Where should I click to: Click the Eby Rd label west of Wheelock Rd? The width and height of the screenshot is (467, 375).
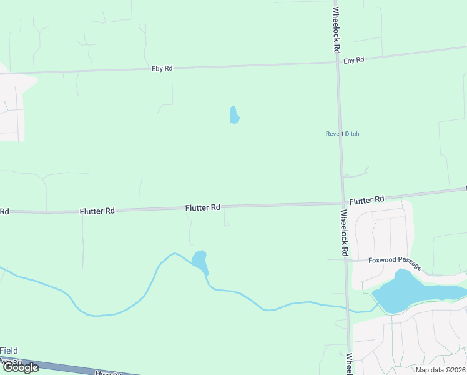(162, 68)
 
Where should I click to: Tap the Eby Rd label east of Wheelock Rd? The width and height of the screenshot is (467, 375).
(353, 60)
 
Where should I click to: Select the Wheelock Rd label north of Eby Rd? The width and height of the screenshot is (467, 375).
(337, 29)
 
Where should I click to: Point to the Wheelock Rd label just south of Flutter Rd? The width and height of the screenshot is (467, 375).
(344, 232)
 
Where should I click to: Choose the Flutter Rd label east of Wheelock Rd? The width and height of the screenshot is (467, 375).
(366, 200)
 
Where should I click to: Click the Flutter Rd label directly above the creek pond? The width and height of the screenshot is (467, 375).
(203, 207)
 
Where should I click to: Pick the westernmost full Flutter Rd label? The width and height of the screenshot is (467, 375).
(97, 211)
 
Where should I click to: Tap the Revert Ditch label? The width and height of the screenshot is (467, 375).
(342, 134)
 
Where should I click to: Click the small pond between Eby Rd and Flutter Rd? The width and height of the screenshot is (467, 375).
(234, 115)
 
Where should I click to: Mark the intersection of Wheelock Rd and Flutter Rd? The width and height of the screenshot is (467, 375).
(343, 203)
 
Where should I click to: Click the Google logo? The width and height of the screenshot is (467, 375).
(21, 367)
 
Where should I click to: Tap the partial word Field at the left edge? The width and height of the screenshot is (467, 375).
(9, 351)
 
